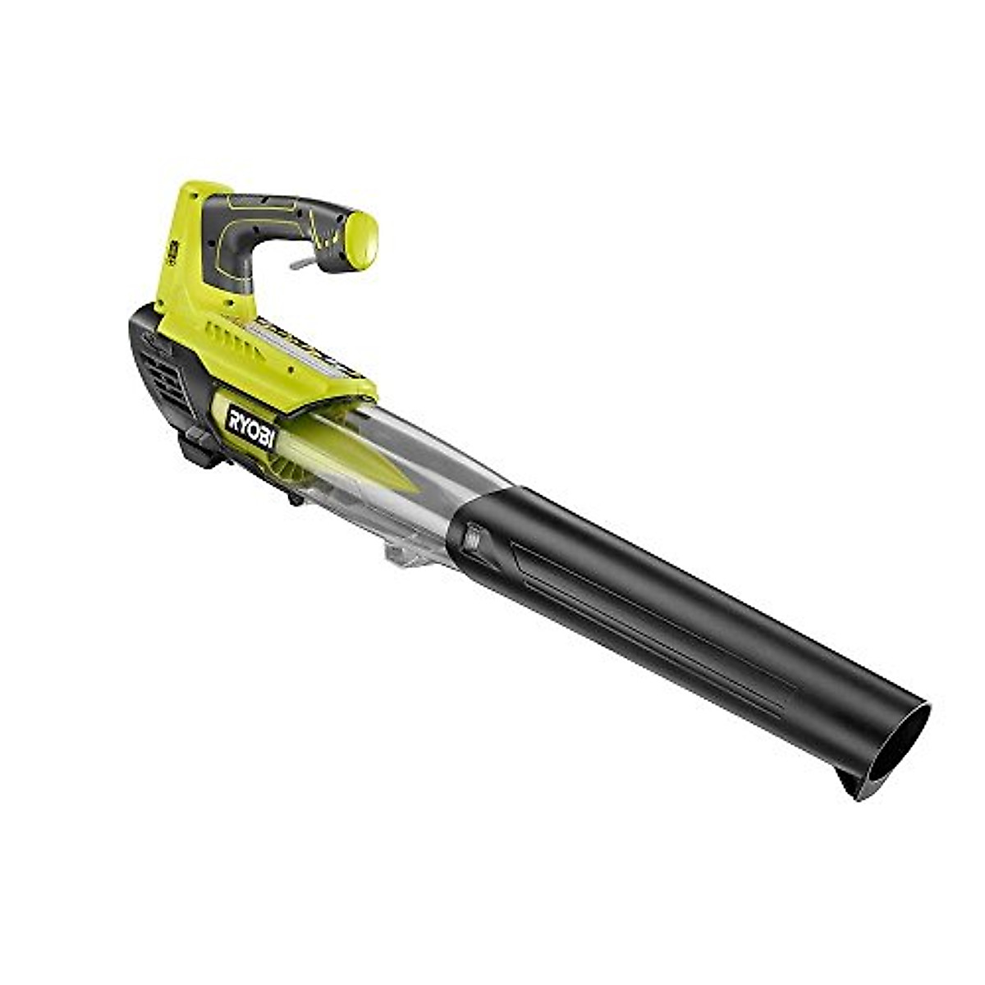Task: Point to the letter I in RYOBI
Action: coord(270,438)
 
